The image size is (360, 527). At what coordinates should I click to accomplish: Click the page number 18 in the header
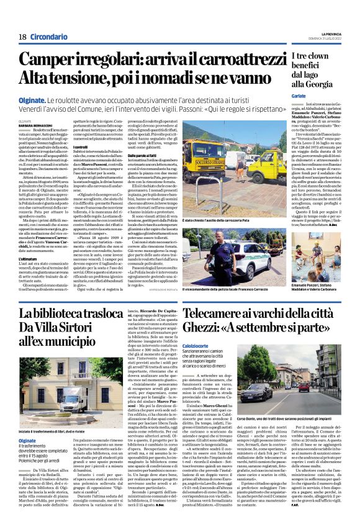(22, 37)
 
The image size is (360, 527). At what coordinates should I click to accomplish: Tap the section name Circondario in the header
(48, 37)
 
